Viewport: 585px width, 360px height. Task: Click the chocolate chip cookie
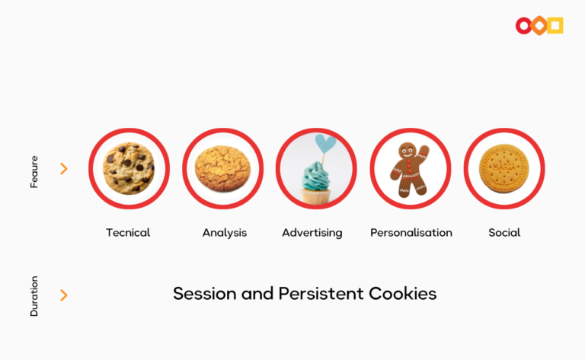[129, 168]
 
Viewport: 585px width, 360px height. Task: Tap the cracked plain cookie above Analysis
[222, 169]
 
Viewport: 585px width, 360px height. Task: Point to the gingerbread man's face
[408, 151]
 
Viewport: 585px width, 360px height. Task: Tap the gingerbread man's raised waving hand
[424, 151]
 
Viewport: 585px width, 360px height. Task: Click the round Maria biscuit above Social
[504, 169]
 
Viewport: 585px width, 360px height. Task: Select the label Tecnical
[128, 233]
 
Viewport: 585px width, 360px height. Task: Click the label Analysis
[225, 233]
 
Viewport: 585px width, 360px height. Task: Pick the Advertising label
[312, 233]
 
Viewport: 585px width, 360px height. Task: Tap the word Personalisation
[411, 233]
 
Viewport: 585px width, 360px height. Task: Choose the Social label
[504, 233]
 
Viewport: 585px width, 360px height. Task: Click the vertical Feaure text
[34, 172]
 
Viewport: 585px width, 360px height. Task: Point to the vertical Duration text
[34, 296]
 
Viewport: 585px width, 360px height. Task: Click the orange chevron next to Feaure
[64, 169]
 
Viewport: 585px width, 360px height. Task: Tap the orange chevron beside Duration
[64, 295]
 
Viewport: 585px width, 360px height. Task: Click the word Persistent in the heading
[321, 294]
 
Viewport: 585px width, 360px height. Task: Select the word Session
[205, 294]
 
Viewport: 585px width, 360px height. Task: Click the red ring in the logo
[524, 26]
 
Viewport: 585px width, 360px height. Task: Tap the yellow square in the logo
[555, 26]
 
